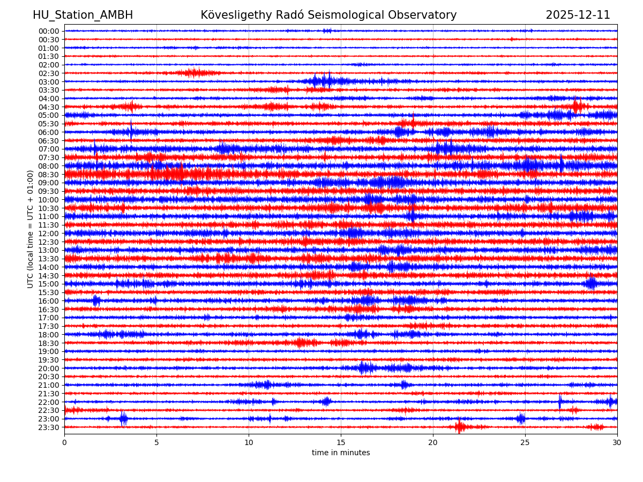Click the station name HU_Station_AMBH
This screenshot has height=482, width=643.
point(83,15)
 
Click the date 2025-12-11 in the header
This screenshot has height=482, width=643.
point(578,15)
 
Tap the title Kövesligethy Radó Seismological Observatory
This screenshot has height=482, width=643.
point(328,15)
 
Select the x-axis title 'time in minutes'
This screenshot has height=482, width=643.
point(341,453)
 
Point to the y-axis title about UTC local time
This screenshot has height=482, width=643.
point(31,229)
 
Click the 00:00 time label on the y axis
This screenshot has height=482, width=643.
point(49,31)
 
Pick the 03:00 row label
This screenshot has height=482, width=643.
point(49,81)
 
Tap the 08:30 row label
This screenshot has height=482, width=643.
point(49,175)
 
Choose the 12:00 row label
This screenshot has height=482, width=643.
point(49,234)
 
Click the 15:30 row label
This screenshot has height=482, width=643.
point(49,292)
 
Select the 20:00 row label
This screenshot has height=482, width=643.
point(49,368)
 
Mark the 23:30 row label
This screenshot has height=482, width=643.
point(49,427)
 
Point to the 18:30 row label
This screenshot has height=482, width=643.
point(49,343)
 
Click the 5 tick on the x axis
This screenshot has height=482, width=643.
point(156,442)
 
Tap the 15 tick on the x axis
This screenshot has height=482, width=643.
point(341,442)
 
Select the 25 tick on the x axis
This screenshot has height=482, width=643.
point(525,442)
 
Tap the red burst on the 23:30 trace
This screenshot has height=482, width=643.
point(460,427)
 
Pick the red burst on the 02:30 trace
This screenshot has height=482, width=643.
point(195,73)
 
